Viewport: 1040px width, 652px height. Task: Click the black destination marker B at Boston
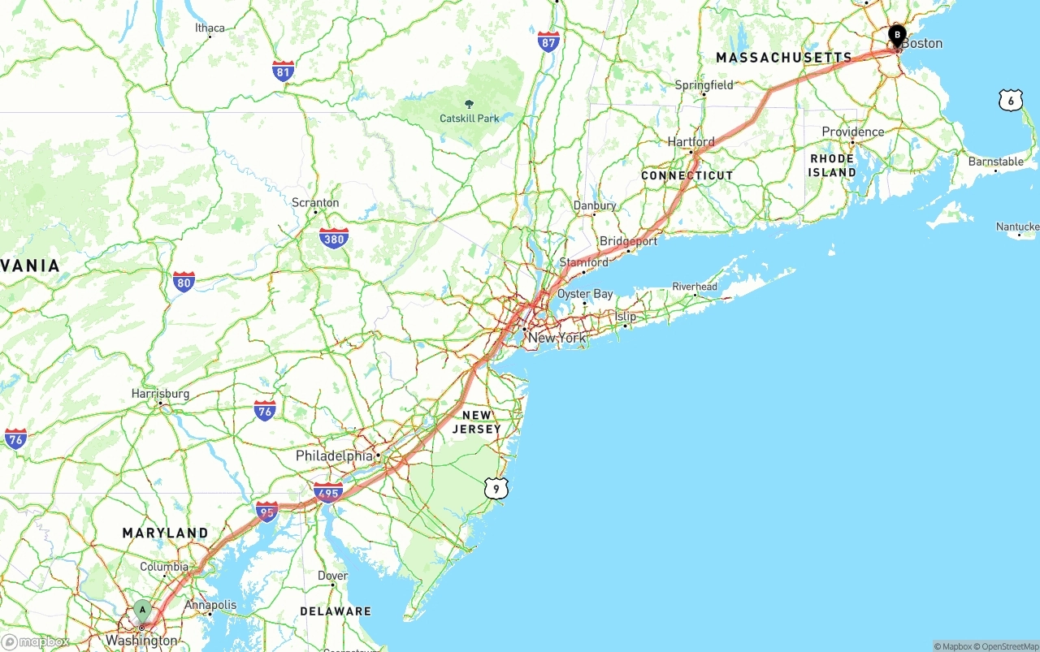pos(897,35)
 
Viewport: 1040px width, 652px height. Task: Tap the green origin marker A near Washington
pos(143,610)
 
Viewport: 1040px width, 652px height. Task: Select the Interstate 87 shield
pos(548,42)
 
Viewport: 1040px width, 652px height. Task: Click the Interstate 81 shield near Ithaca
pos(283,71)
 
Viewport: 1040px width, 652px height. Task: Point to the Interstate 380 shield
pos(334,238)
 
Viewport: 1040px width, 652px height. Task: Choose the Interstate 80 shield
pos(184,282)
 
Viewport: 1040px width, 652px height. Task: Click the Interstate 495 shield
pos(328,492)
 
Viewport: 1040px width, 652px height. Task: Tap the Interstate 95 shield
pos(266,512)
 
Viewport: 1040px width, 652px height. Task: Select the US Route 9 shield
pos(496,488)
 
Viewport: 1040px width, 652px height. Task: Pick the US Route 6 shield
pos(1010,100)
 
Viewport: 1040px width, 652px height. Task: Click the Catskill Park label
pos(470,118)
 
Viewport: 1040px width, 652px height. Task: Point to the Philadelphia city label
pos(334,456)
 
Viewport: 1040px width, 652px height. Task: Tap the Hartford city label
pos(691,142)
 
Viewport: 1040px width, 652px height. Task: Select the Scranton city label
pos(315,202)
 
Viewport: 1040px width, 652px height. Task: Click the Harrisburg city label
pos(160,394)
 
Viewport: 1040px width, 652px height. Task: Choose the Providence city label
pos(852,132)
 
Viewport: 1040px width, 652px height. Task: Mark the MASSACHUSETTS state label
pos(783,58)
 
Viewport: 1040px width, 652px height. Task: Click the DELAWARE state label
pos(335,611)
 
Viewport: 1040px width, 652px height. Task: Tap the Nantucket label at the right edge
pos(1018,227)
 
